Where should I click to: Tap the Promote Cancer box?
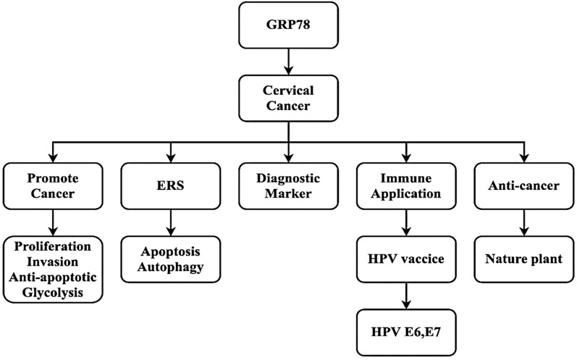51,185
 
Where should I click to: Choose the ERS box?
169,185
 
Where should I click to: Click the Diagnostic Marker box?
288,185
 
